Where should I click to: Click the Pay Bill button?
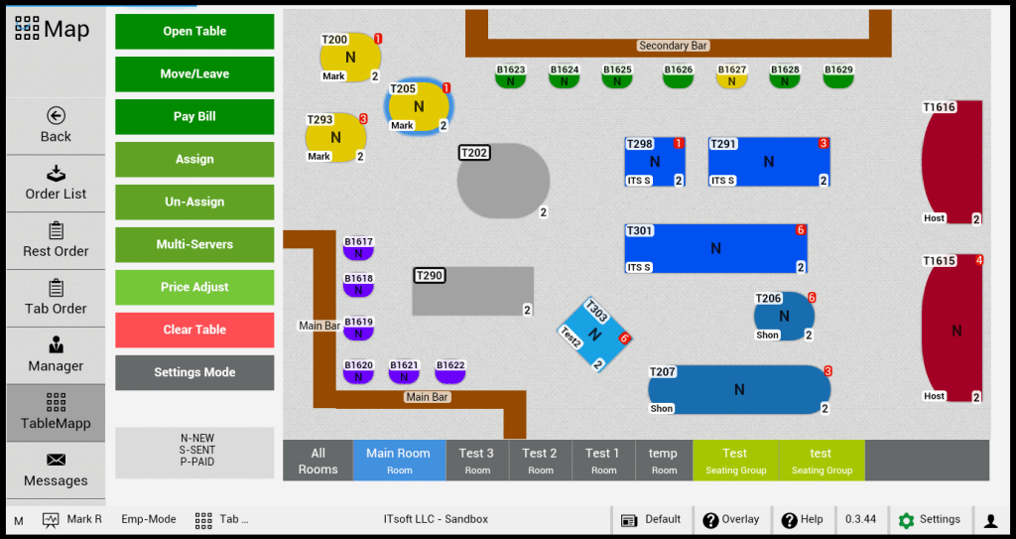(194, 116)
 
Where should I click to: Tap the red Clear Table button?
(194, 330)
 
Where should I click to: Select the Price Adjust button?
(194, 287)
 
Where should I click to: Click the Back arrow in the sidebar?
(56, 125)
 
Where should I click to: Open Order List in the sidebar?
(56, 183)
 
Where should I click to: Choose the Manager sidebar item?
(56, 354)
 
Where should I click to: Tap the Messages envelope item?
(56, 470)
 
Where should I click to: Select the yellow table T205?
(418, 107)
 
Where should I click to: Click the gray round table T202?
(503, 181)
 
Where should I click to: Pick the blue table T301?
(715, 248)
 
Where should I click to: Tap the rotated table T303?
(594, 335)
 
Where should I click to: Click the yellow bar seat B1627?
(731, 77)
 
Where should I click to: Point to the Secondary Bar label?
(674, 46)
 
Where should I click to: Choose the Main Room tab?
(398, 461)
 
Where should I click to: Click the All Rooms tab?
(317, 461)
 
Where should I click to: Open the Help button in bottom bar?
(803, 519)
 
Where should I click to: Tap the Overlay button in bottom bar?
(731, 519)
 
